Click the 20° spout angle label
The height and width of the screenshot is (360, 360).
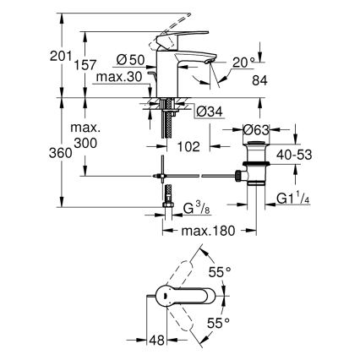coord(243,63)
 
